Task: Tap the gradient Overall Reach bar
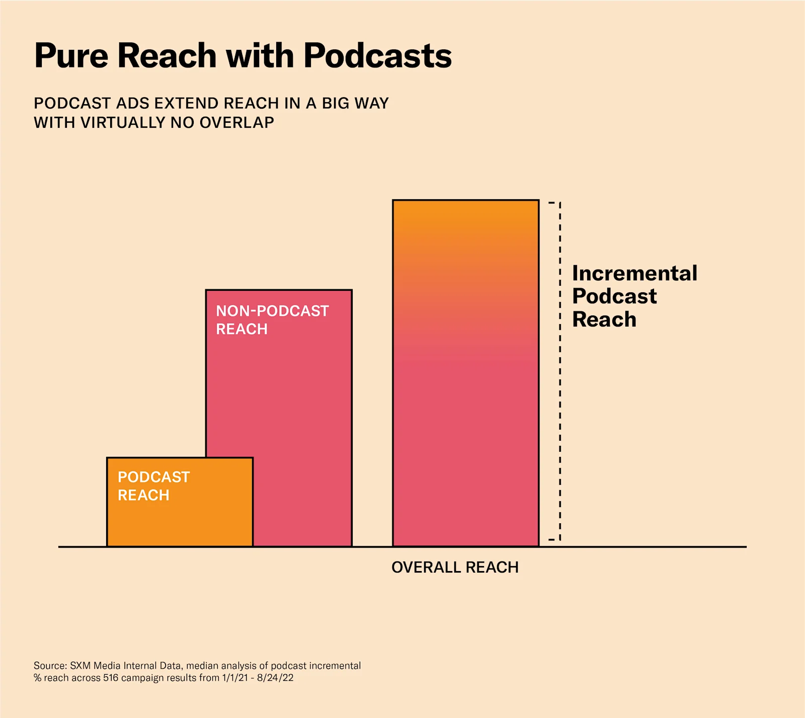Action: [x=465, y=372]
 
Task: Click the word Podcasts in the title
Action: [x=377, y=55]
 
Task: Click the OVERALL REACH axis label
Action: [x=455, y=567]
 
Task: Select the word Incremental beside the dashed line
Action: [x=634, y=273]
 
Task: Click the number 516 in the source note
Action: [x=111, y=678]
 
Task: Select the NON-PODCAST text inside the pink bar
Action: [x=272, y=311]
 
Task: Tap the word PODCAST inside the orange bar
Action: [x=153, y=477]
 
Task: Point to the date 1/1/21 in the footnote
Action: [x=235, y=678]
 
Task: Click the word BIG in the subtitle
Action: [x=336, y=103]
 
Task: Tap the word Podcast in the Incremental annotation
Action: [x=614, y=296]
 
